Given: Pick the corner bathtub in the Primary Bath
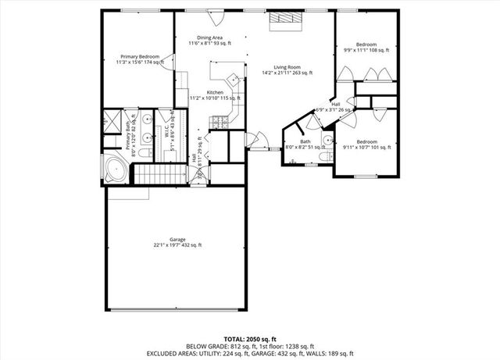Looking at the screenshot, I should pyautogui.click(x=116, y=169).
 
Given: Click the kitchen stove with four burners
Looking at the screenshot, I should pyautogui.click(x=221, y=121).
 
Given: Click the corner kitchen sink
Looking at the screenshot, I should pyautogui.click(x=233, y=78).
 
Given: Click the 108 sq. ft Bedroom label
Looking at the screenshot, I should pyautogui.click(x=366, y=47).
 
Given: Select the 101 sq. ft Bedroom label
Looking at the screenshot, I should pyautogui.click(x=367, y=144).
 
